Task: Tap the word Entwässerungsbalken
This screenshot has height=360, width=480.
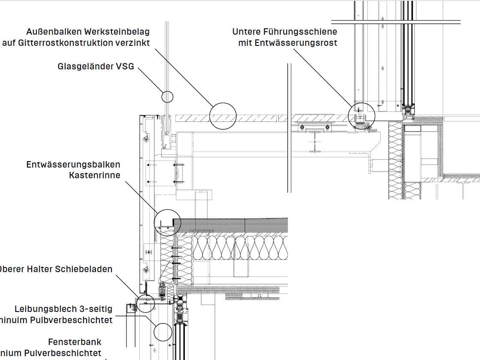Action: (x=73, y=165)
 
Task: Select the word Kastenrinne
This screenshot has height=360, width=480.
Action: (x=95, y=175)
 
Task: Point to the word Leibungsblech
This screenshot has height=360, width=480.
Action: (x=45, y=309)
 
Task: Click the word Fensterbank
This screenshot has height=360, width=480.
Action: (x=75, y=342)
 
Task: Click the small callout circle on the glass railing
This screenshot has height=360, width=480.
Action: (x=167, y=96)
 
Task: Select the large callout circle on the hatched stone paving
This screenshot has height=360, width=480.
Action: (x=223, y=116)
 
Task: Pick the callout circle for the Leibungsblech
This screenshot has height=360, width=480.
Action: (x=163, y=332)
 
